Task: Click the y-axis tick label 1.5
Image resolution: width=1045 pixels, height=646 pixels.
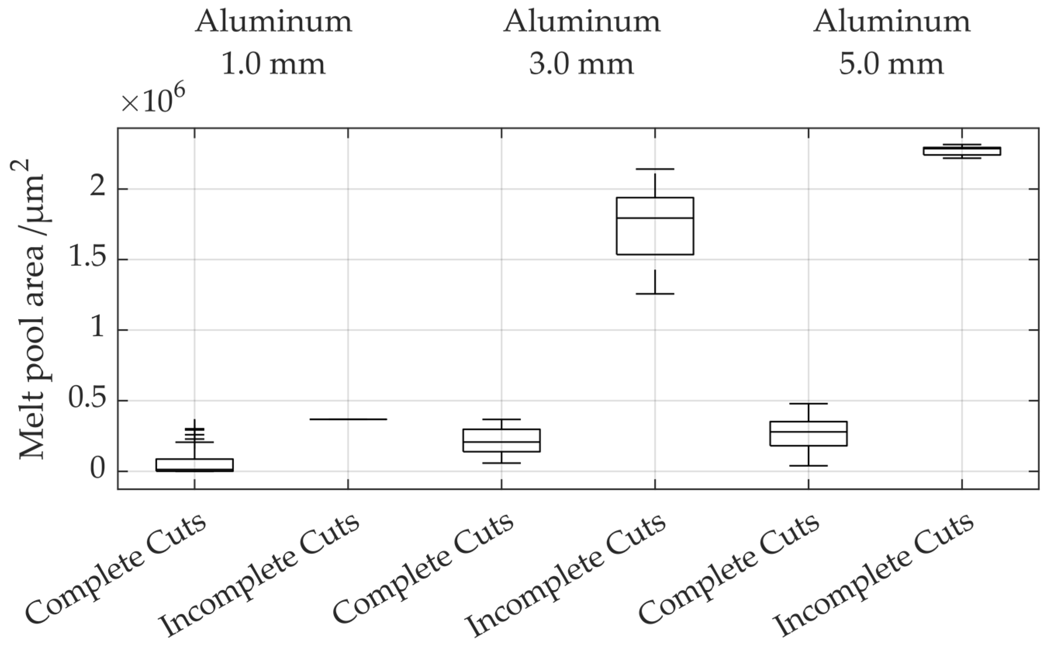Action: coord(87,259)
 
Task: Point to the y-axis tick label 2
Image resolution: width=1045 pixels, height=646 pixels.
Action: coord(97,189)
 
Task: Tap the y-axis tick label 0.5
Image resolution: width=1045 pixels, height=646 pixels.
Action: coord(87,401)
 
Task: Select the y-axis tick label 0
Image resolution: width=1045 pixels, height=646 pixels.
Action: coord(97,471)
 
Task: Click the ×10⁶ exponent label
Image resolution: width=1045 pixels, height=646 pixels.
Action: coord(152,100)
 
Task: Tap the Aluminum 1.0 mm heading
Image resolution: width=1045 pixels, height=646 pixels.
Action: coord(274,43)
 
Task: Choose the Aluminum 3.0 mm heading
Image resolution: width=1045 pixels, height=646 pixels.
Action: coord(582,43)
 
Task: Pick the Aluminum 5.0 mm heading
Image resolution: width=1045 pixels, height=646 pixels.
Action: coord(891,43)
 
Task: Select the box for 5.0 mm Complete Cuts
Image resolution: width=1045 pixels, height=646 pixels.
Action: coord(808,434)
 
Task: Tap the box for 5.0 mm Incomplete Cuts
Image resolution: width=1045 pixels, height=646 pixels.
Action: coord(962,151)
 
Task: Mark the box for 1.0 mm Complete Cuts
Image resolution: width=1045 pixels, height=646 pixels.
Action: coord(194,465)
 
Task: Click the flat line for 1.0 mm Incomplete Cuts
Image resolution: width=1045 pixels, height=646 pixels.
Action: coord(348,419)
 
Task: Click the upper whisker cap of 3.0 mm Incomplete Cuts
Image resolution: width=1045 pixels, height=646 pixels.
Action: coord(655,169)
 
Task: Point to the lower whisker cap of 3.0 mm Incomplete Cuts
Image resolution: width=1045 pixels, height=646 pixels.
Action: coord(655,294)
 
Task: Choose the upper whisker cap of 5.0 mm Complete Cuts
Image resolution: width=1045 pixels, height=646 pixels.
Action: coord(808,403)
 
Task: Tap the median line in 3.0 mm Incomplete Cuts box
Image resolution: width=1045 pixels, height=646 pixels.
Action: coord(655,218)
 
